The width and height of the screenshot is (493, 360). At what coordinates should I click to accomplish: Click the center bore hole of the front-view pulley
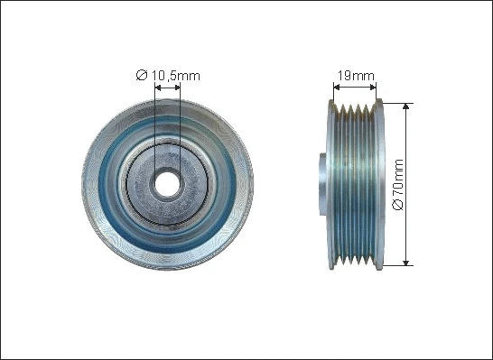point(167,182)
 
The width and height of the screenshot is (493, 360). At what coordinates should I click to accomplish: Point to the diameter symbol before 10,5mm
point(141,76)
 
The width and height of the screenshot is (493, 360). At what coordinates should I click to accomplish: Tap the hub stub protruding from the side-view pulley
point(322,182)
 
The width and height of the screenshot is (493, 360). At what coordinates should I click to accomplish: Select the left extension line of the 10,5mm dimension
point(155,126)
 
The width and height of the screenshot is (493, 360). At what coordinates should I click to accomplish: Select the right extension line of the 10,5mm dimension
point(180,126)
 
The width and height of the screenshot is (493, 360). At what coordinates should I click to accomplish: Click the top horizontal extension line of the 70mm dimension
point(397,100)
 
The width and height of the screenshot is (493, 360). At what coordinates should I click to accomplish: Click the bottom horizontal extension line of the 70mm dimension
point(397,265)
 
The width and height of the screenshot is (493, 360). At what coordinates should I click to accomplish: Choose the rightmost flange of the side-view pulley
point(378,182)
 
